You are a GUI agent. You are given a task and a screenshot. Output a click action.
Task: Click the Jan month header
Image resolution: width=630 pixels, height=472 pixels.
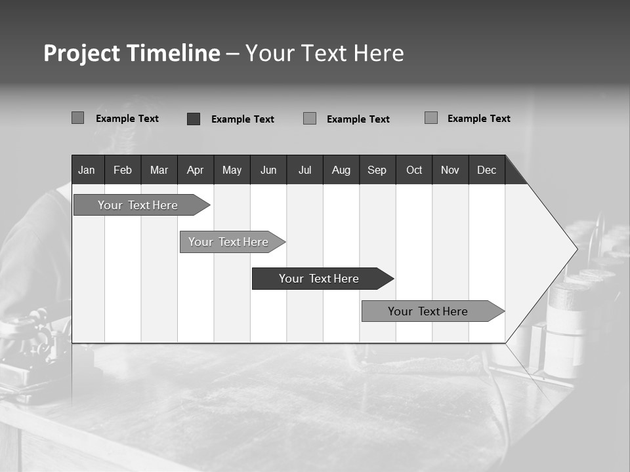[87, 170]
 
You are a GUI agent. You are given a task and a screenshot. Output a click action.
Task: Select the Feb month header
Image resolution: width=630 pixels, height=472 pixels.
[123, 170]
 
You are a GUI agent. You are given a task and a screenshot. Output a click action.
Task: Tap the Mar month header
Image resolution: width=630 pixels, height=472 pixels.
[159, 170]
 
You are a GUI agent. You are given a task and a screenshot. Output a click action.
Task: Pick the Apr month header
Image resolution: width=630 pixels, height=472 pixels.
[195, 170]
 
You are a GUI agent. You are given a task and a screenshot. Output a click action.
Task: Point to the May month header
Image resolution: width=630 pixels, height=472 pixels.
[232, 170]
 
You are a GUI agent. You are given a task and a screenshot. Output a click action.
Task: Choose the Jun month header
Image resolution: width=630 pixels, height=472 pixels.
[268, 170]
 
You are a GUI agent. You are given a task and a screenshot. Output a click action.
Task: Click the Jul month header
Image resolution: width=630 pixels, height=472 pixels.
[304, 170]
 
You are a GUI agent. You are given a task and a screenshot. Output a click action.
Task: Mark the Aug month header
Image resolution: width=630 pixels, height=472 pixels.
[341, 170]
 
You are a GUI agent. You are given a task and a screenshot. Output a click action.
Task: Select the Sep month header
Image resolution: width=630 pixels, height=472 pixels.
[377, 170]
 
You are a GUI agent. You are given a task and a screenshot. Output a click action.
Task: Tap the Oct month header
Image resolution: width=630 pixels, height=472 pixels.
[414, 170]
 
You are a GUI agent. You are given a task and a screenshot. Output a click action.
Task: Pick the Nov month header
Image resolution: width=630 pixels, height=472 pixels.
[450, 170]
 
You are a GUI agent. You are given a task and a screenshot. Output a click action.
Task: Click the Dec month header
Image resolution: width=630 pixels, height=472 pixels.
[487, 170]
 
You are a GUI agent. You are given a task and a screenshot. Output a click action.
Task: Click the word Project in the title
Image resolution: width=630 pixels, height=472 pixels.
[81, 53]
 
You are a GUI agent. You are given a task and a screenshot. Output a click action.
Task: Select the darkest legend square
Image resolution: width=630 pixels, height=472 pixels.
[194, 119]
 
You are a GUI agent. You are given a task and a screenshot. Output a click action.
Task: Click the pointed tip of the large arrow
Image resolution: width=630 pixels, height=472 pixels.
[576, 248]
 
